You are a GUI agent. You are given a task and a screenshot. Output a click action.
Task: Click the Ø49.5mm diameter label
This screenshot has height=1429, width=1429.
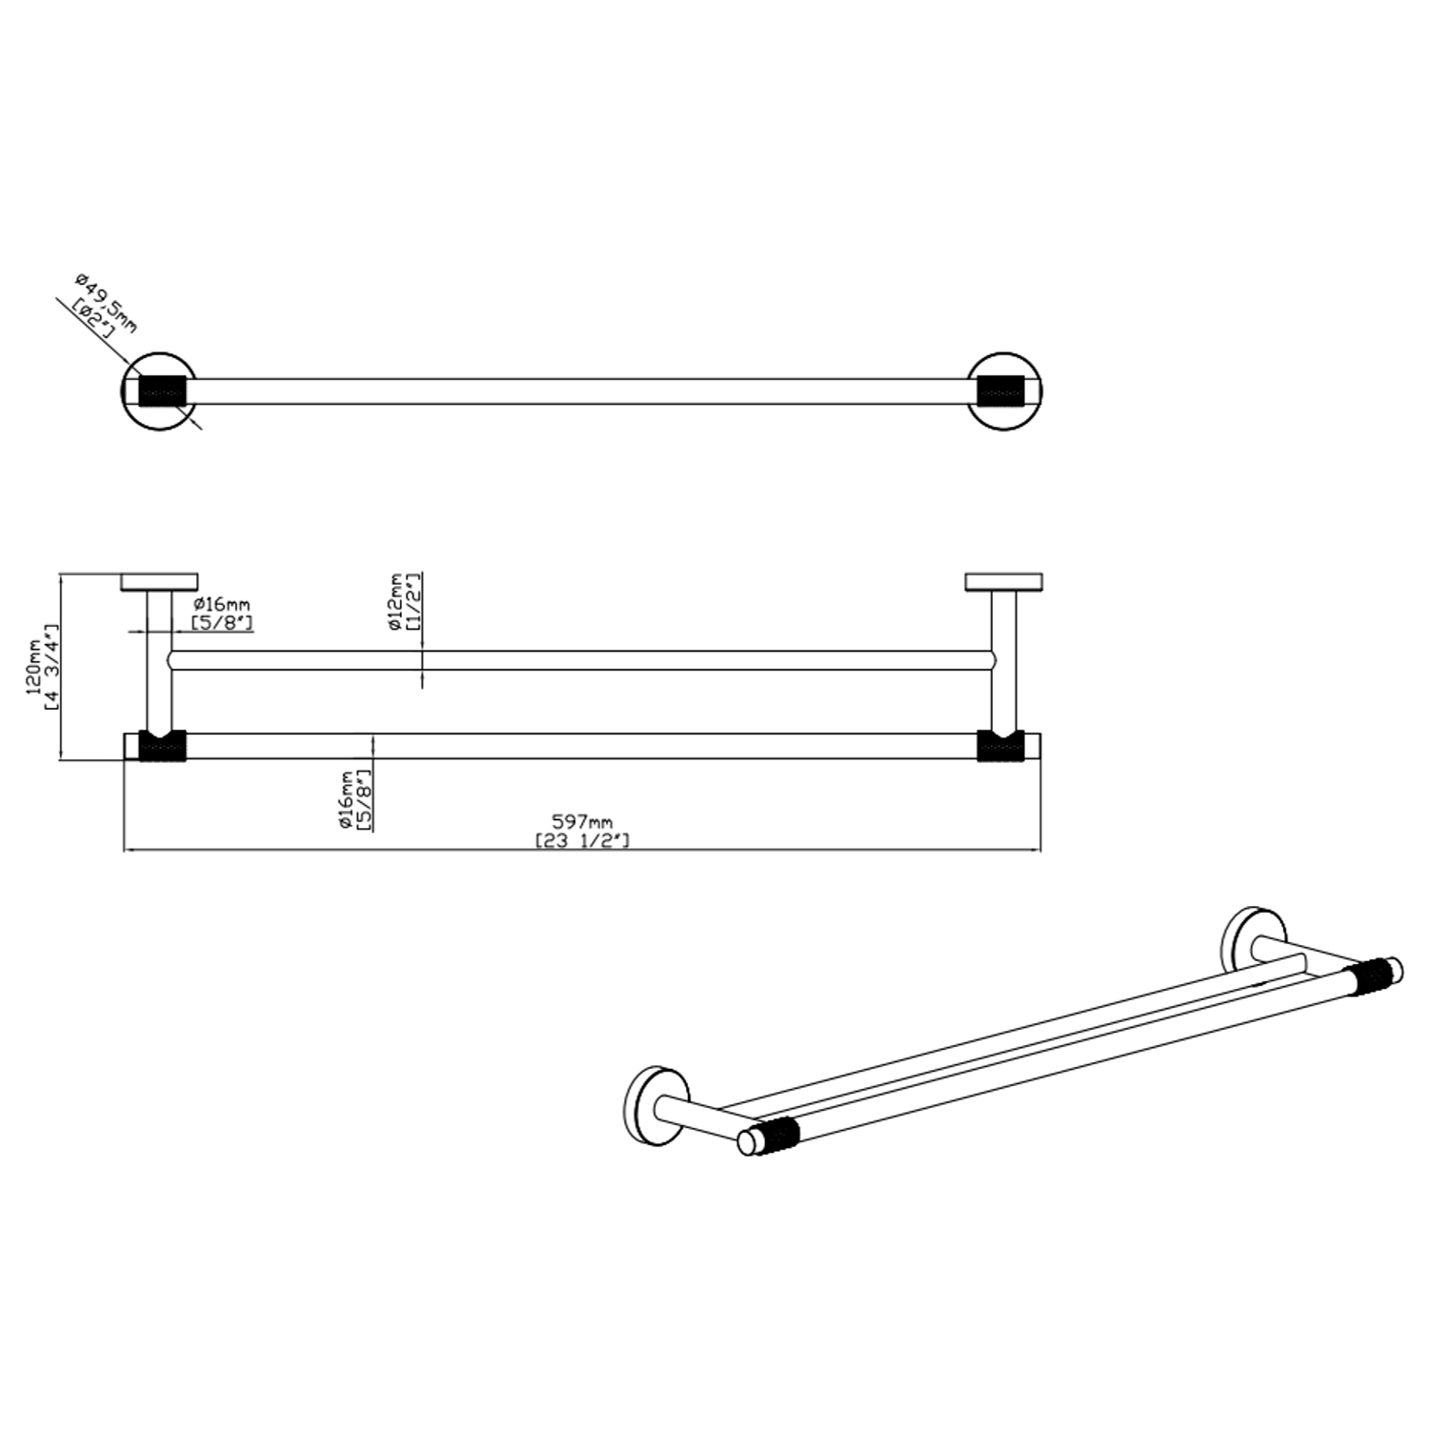tap(106, 303)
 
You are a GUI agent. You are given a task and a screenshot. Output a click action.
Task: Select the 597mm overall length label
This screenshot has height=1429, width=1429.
tap(582, 821)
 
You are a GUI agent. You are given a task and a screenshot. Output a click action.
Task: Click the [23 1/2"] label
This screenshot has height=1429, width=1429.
tap(582, 840)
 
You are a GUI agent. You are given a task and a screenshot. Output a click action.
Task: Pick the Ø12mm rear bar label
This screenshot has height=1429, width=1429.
tap(394, 602)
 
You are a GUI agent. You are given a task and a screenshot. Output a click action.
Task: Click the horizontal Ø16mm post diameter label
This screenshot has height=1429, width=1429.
tap(221, 604)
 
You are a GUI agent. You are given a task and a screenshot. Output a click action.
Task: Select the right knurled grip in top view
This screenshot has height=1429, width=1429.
tap(1001, 392)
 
